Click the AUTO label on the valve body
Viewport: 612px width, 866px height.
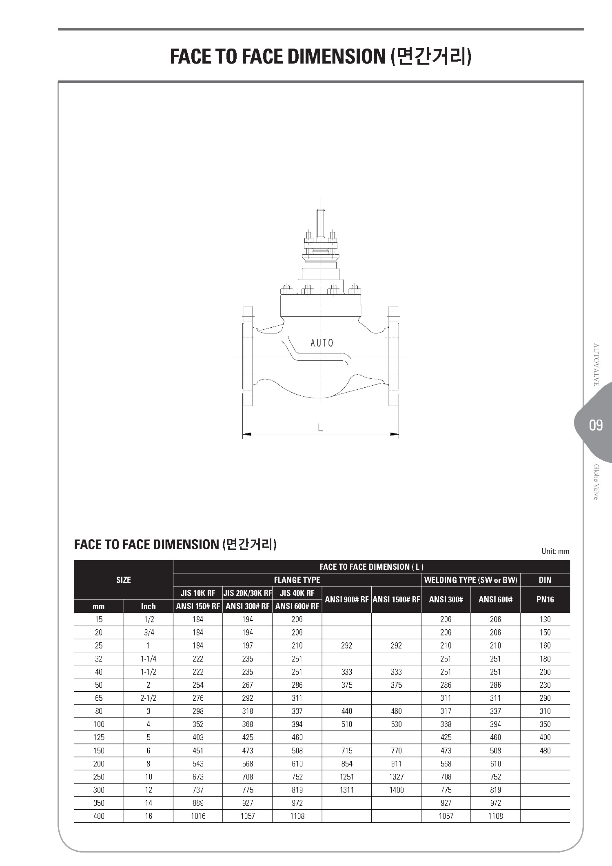322,343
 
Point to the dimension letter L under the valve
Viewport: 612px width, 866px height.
320,427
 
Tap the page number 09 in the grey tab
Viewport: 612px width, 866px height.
596,425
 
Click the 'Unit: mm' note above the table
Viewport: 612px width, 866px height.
555,551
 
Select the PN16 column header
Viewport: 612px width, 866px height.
545,600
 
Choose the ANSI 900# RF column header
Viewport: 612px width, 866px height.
347,600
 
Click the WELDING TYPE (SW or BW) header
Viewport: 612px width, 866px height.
471,580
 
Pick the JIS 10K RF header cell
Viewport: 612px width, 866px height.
198,593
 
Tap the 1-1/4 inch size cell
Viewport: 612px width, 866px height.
149,659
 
